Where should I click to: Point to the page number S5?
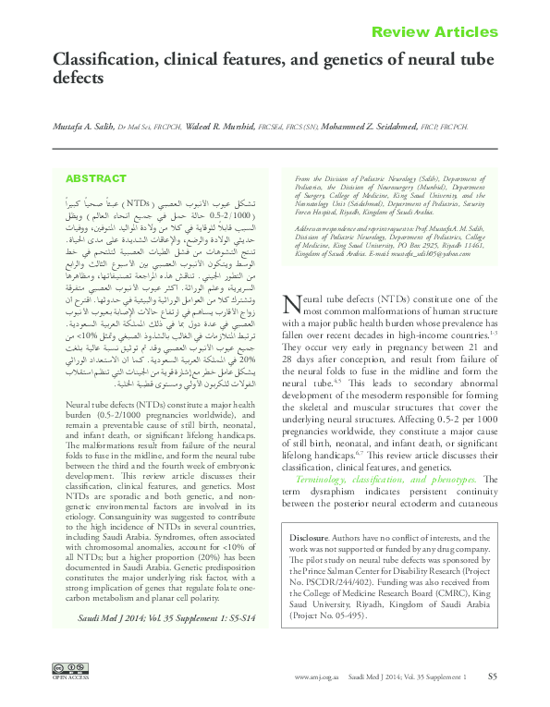(493, 677)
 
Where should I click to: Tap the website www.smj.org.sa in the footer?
(317, 678)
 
